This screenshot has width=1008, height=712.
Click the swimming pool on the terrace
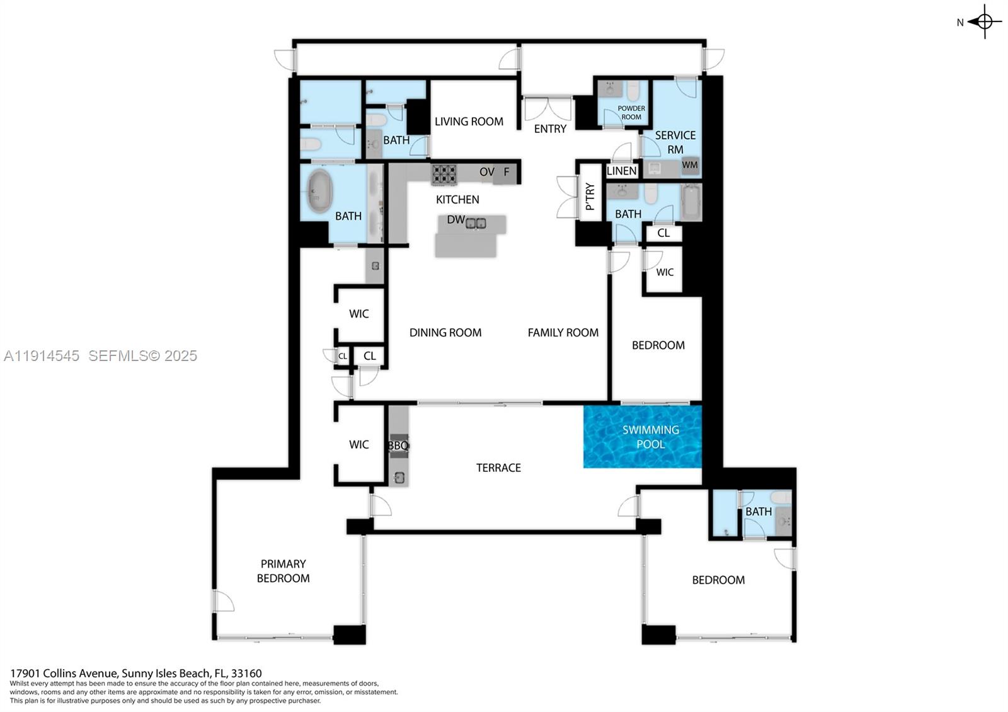(643, 437)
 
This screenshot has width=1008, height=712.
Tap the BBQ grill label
(398, 445)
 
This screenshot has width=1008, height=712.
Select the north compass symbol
(984, 21)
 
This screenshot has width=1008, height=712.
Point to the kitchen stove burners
(444, 174)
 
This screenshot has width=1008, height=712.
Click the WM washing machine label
(690, 165)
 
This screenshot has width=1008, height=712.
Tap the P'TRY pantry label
(590, 197)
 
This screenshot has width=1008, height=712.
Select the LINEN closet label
(621, 171)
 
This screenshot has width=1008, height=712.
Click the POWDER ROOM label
(631, 112)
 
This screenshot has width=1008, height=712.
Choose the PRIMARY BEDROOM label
(283, 571)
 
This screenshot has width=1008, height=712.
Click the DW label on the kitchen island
(455, 220)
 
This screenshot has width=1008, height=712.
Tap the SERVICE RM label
(675, 142)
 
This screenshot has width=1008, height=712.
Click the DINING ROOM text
(445, 332)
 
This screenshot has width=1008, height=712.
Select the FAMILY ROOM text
(563, 332)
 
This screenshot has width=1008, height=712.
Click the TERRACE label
(498, 468)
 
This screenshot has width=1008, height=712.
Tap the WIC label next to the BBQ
(358, 444)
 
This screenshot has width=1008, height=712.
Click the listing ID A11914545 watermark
(42, 355)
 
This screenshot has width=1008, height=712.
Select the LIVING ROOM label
(469, 121)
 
